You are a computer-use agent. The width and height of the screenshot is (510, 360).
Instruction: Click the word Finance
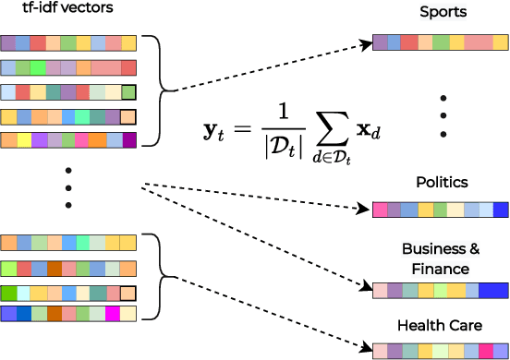441,269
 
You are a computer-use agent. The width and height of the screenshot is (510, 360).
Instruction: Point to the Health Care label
441,326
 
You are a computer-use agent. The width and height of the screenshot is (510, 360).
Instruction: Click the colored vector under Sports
440,42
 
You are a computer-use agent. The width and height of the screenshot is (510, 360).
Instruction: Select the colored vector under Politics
440,210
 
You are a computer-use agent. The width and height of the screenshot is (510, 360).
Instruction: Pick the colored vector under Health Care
440,351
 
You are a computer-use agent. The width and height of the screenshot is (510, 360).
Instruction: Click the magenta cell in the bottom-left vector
113,314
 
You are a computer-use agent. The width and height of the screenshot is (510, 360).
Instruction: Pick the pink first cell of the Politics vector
381,210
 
